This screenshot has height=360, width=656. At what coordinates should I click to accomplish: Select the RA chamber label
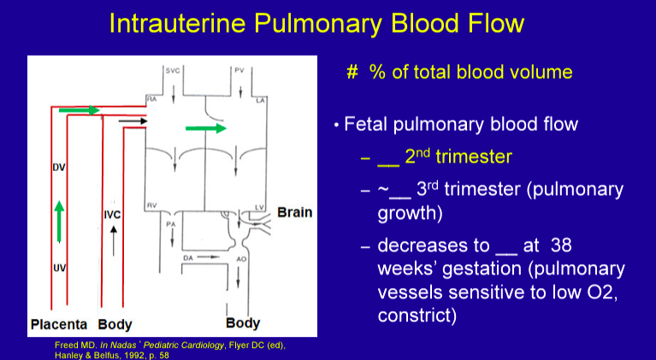pyautogui.click(x=151, y=100)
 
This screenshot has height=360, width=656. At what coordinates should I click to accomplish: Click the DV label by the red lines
pyautogui.click(x=59, y=167)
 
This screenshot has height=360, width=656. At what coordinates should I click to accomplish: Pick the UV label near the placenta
pyautogui.click(x=59, y=269)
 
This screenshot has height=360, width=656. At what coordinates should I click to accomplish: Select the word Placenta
pyautogui.click(x=60, y=325)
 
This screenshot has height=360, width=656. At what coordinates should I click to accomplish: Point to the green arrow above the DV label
pyautogui.click(x=81, y=110)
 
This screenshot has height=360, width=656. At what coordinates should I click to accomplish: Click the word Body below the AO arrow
pyautogui.click(x=243, y=324)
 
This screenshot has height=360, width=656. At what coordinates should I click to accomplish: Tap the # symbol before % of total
pyautogui.click(x=352, y=72)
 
